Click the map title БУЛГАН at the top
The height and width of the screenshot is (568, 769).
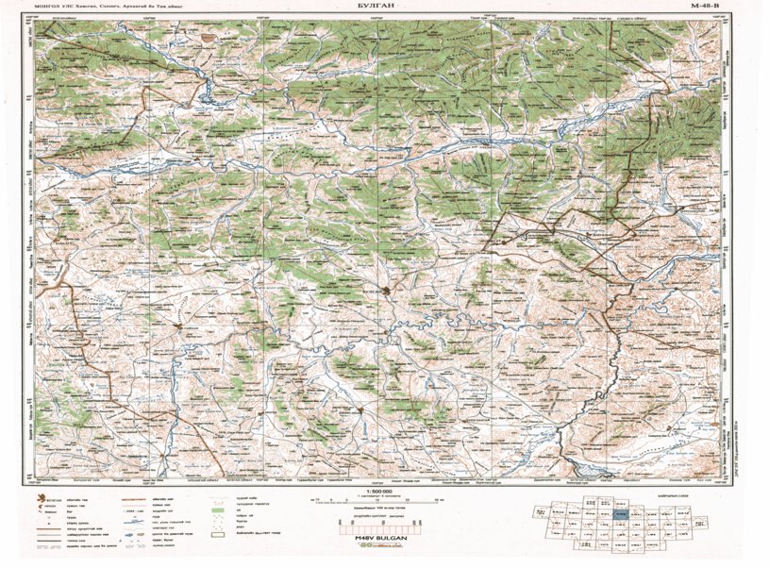pyautogui.click(x=384, y=6)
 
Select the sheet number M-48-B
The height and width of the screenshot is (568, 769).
pyautogui.click(x=710, y=6)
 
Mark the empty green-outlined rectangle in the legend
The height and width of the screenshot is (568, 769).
pyautogui.click(x=217, y=534)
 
